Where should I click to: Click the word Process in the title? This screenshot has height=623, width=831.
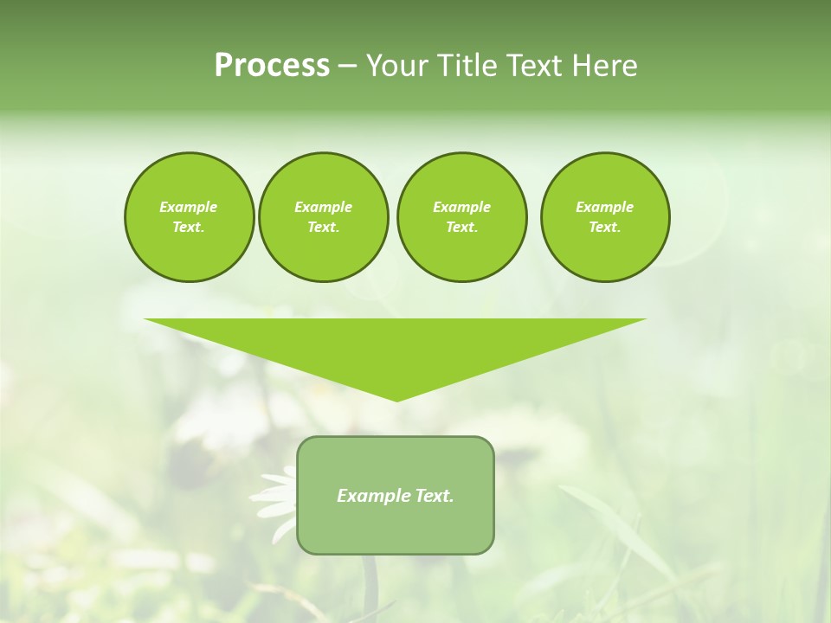tap(272, 65)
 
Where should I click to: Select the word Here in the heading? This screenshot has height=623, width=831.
tap(603, 65)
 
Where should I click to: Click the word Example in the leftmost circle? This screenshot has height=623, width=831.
tap(189, 207)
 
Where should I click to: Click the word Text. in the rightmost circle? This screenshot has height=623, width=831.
tap(605, 227)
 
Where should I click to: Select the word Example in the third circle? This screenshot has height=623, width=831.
tap(461, 207)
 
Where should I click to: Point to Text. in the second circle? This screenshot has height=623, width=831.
tap(324, 227)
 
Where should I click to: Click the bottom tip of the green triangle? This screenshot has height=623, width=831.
tap(396, 399)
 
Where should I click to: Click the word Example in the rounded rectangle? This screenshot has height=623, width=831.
tap(373, 496)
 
